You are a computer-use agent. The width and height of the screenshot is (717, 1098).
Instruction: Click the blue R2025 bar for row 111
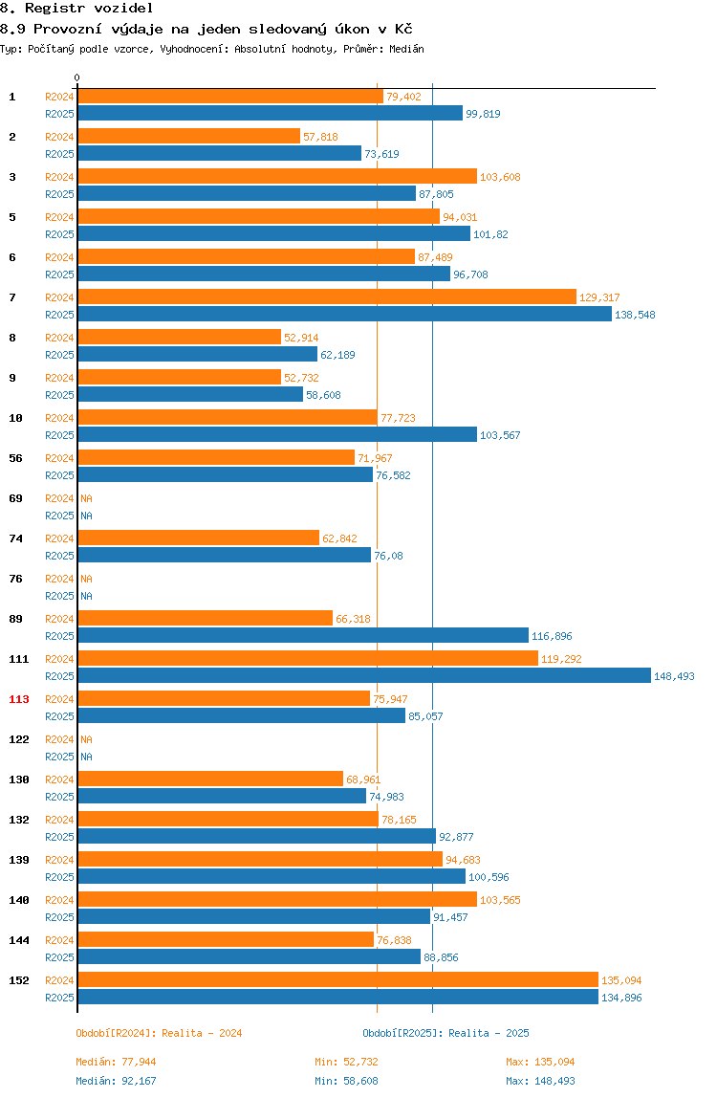[364, 676]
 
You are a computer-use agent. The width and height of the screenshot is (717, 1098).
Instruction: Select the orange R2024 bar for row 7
[327, 296]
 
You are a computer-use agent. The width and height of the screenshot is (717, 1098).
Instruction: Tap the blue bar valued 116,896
[303, 636]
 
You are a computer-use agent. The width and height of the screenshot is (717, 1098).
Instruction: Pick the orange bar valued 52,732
[180, 378]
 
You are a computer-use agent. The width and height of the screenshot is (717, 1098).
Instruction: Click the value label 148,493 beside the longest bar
[674, 676]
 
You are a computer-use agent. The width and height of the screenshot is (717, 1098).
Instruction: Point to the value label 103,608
[500, 177]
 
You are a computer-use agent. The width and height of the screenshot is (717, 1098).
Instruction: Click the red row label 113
[19, 699]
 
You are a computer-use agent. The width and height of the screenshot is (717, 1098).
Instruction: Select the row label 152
[19, 980]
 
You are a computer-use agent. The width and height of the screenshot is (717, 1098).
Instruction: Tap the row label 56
[15, 458]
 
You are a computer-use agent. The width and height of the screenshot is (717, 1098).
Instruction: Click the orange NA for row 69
[86, 498]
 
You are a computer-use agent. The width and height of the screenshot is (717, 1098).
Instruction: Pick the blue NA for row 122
[86, 757]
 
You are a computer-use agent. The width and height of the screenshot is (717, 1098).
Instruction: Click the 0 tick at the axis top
[77, 77]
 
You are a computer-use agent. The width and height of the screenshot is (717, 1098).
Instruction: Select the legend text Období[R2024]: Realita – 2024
[159, 1033]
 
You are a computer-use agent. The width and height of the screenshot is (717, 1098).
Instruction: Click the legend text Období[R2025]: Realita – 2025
[446, 1033]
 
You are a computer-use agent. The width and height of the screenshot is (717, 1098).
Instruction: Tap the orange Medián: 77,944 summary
[117, 1062]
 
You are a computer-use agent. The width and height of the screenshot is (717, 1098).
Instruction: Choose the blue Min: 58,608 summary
[347, 1081]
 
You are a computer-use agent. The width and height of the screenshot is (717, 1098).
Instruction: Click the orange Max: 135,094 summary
[540, 1062]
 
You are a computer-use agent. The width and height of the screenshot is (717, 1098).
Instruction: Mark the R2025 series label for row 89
[59, 636]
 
